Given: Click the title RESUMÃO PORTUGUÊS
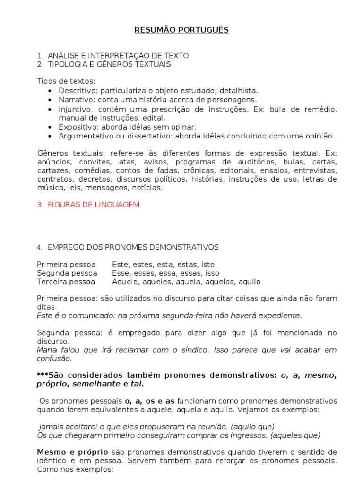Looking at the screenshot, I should pyautogui.click(x=181, y=30).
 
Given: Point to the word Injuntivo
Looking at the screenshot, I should pyautogui.click(x=73, y=109).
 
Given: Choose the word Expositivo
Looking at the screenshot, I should pyautogui.click(x=75, y=127).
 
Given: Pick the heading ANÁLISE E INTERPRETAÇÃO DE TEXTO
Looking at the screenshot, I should pyautogui.click(x=118, y=55).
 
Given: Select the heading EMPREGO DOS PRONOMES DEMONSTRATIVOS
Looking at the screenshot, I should pyautogui.click(x=133, y=247).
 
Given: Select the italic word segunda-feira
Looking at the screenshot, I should pyautogui.click(x=185, y=315).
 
